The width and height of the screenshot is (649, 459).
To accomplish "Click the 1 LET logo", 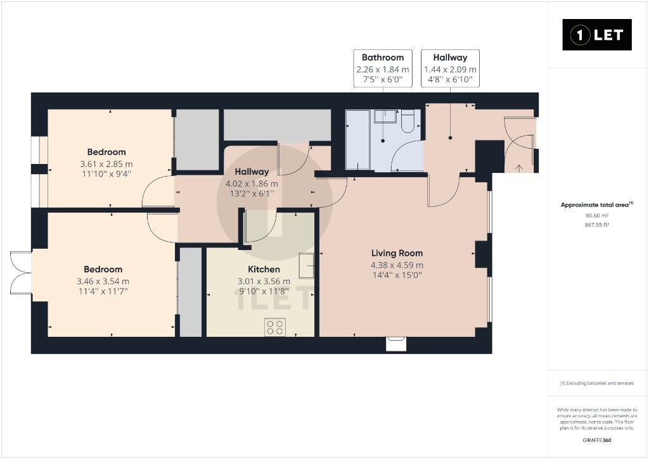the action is [597, 35].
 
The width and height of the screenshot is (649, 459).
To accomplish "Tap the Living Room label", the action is [397, 253].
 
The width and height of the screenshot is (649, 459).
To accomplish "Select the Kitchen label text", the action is [264, 269].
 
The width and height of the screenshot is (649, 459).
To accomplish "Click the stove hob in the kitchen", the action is [275, 327].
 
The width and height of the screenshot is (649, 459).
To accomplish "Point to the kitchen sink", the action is [307, 265].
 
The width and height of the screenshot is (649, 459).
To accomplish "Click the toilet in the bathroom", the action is [408, 121].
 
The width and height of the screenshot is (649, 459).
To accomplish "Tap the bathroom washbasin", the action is [386, 116].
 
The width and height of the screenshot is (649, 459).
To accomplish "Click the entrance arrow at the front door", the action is [518, 168].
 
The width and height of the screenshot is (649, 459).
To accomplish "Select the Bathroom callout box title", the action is [383, 58].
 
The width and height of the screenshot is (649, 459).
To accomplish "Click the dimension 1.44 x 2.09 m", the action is [451, 70].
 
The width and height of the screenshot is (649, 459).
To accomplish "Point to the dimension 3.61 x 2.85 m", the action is [106, 164].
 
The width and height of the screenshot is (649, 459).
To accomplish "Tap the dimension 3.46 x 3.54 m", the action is [103, 281].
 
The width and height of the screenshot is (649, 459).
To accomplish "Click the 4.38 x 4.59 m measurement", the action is [397, 265].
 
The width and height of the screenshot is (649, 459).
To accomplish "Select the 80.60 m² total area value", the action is [597, 215].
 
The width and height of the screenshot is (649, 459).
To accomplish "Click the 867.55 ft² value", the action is [597, 225].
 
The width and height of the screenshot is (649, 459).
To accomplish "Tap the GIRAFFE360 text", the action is [597, 441].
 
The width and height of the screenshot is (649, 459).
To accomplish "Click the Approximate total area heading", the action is [597, 204].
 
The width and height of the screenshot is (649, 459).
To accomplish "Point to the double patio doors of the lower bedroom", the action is [21, 273].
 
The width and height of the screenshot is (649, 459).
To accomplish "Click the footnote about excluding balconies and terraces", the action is [597, 383].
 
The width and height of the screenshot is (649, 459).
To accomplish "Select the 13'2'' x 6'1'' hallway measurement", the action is [252, 194].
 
